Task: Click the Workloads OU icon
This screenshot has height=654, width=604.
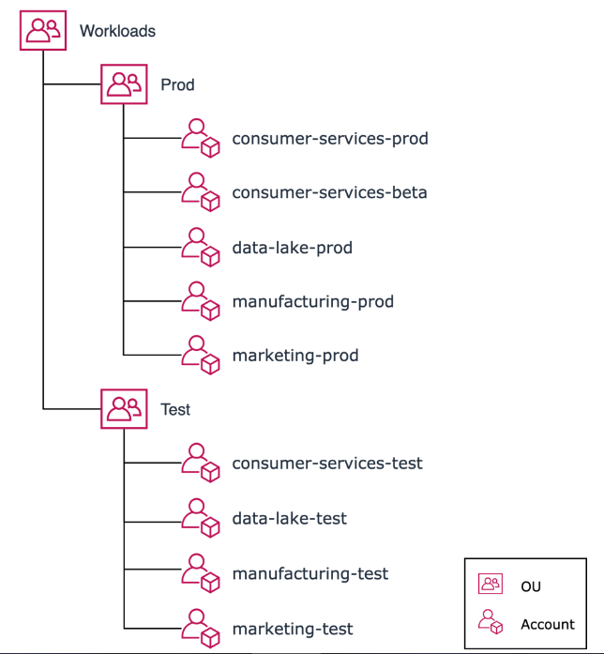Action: coord(43,31)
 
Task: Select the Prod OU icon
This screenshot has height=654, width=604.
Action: coord(124,84)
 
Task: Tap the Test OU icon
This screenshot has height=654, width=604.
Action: coord(124,409)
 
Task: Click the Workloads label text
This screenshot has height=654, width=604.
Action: coord(117,31)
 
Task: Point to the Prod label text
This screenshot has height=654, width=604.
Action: coord(177,84)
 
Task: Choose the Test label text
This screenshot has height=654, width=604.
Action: coord(175,409)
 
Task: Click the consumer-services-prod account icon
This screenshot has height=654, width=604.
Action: coord(200,139)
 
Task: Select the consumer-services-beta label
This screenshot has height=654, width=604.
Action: coord(329,192)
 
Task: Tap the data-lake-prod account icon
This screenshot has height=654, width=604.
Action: coord(200,247)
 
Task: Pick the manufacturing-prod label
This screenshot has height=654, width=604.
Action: coord(312,301)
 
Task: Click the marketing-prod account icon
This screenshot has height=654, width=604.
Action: coord(200,356)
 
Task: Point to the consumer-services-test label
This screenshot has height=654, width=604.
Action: coord(327,464)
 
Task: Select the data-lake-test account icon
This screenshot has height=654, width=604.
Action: coord(200,518)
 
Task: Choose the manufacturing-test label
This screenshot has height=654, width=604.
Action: coord(310,573)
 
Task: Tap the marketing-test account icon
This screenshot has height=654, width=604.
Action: coord(200,627)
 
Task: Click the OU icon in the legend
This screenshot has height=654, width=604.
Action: coord(491,586)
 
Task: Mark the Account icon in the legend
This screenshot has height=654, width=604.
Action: coord(491,623)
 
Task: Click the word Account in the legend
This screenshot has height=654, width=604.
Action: coord(548,624)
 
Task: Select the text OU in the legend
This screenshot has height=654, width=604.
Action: coord(531,586)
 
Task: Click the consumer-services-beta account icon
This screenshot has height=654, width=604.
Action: coord(200,192)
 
